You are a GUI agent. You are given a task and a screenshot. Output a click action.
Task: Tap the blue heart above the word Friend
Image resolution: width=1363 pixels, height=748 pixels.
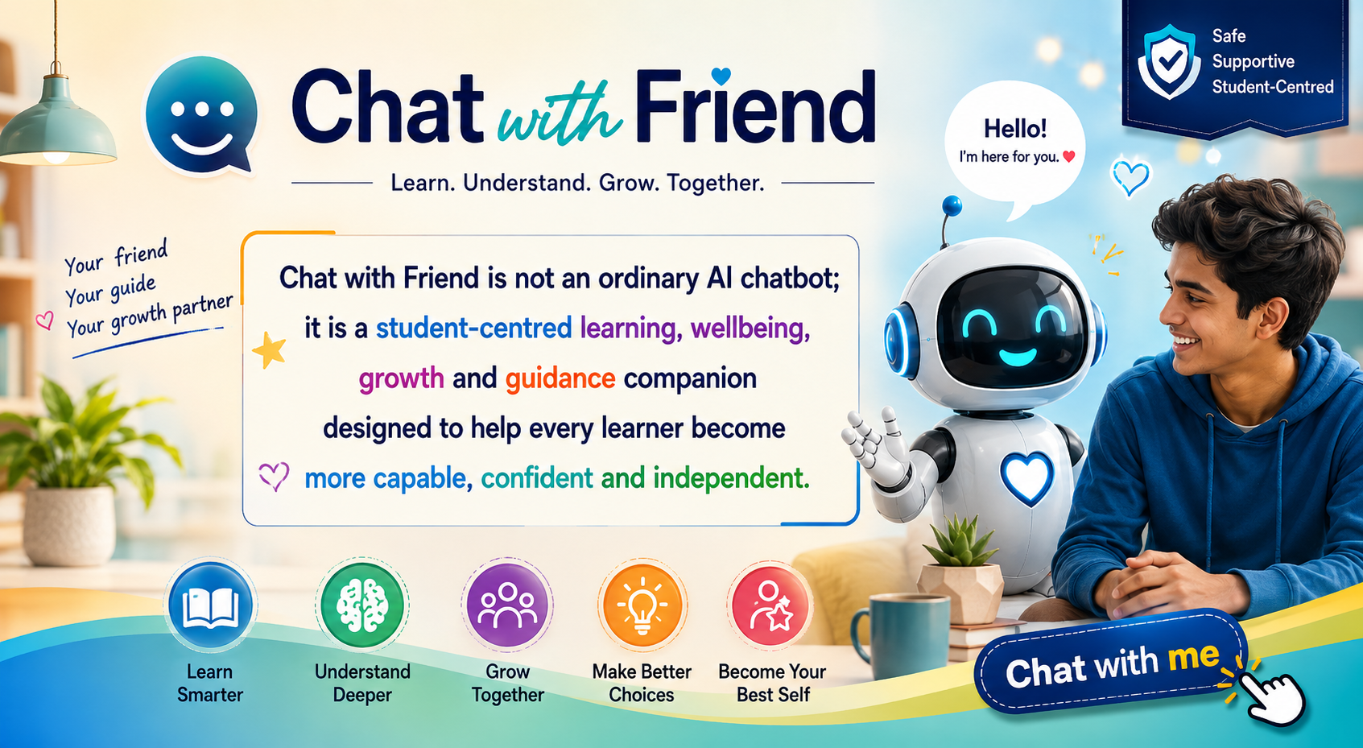click(721, 76)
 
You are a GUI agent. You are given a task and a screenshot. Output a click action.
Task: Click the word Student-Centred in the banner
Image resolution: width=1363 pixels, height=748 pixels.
click(1272, 87)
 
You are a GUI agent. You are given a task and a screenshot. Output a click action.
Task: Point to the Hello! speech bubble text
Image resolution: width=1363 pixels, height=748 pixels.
click(1015, 129)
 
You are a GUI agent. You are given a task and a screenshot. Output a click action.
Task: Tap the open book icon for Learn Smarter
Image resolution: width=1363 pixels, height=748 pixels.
click(211, 605)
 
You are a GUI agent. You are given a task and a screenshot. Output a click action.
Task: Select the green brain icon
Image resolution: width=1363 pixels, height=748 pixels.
click(362, 605)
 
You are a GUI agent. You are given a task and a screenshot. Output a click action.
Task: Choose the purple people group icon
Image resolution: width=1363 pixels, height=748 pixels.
click(507, 605)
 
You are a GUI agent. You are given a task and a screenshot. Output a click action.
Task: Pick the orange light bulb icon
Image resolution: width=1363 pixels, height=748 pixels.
click(642, 605)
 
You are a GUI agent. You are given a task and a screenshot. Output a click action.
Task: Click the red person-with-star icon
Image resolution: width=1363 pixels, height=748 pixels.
click(770, 605)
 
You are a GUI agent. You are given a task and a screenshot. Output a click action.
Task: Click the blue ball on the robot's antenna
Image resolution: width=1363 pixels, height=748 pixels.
click(952, 205)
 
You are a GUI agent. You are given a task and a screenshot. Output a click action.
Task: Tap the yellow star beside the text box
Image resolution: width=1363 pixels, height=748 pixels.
click(269, 350)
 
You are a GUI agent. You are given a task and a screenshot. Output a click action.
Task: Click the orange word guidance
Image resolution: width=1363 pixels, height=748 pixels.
click(560, 378)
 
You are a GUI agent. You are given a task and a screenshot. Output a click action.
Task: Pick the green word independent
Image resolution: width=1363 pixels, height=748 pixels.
click(731, 478)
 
